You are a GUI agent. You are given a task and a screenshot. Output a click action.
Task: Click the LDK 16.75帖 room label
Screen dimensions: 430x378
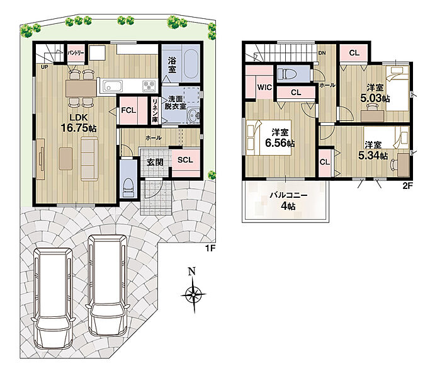79,123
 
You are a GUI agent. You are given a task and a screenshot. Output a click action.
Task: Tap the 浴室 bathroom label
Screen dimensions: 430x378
172,64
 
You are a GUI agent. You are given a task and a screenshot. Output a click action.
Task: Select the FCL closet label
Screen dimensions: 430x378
128,110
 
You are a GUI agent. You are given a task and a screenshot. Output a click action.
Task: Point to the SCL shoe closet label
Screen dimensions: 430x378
185,160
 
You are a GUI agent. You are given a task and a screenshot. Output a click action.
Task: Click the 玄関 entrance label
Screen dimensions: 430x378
155,163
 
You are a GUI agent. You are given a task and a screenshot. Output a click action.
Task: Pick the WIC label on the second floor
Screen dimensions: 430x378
264,88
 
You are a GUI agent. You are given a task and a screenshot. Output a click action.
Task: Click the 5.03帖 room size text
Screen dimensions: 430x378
375,98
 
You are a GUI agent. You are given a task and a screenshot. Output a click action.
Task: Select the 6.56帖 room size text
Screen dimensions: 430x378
280,143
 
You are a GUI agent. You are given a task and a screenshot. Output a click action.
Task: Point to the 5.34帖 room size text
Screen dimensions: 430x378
373,156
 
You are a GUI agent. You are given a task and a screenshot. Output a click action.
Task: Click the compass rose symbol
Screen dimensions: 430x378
193,295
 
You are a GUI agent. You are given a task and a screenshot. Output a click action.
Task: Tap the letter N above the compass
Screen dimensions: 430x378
191,272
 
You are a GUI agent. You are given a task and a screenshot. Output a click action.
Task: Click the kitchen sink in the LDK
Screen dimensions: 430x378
113,86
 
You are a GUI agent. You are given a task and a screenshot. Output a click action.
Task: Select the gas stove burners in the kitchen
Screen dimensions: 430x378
150,86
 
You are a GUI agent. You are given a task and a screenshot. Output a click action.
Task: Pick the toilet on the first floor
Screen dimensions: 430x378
128,187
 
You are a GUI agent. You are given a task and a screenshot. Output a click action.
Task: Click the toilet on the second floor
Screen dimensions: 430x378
286,74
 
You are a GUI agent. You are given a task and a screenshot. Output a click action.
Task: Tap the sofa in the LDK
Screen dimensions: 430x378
89,159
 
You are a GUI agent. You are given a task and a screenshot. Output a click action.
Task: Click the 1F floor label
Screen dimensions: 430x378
210,248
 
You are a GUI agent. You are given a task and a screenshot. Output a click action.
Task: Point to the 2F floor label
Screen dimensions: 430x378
407,186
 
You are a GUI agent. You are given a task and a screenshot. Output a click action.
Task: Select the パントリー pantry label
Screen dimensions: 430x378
76,53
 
